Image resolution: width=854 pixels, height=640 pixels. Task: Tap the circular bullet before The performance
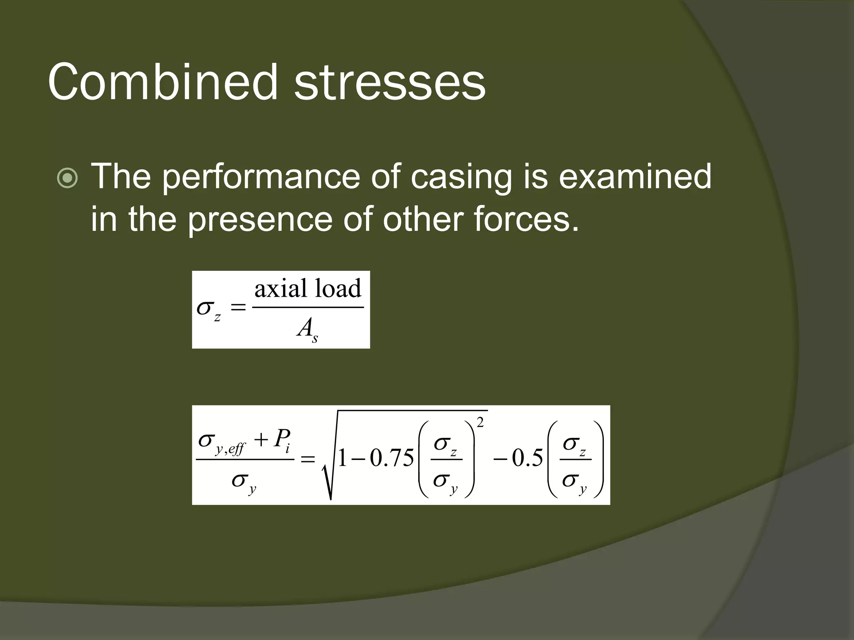68,179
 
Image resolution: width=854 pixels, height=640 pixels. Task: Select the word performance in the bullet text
261,177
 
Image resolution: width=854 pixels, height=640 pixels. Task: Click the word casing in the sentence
461,177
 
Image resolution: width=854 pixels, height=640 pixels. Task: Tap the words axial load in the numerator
308,288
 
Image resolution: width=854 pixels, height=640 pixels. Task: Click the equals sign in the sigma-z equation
239,308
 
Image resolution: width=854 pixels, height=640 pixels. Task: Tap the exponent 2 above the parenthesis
480,423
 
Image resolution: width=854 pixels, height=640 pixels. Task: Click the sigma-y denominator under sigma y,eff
244,482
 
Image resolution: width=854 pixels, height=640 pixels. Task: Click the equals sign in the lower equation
308,460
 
